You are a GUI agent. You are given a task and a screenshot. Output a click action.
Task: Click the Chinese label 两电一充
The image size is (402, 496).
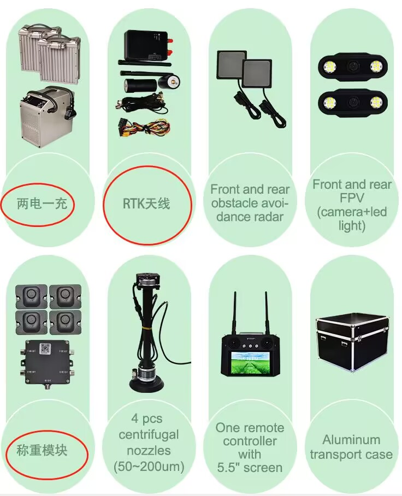click(x=42, y=204)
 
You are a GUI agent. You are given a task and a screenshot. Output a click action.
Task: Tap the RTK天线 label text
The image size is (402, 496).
click(x=146, y=204)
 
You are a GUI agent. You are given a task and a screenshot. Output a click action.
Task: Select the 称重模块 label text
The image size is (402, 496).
click(x=42, y=450)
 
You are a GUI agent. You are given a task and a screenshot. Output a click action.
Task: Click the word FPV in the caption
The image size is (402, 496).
click(x=351, y=198)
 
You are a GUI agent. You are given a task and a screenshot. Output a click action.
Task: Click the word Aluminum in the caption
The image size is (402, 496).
click(x=351, y=440)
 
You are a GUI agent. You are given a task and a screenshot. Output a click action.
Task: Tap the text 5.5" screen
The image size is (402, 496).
click(x=250, y=467)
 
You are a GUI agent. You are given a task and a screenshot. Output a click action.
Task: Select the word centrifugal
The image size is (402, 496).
click(x=149, y=435)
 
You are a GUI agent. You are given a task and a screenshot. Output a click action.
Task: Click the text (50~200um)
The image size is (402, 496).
click(x=149, y=467)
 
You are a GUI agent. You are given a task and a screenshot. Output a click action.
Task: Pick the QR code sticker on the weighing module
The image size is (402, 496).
click(x=44, y=348)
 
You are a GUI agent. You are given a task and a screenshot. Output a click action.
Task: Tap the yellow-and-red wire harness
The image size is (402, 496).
click(x=143, y=128)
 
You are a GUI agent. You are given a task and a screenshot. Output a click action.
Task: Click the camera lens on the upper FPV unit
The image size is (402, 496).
click(x=352, y=66)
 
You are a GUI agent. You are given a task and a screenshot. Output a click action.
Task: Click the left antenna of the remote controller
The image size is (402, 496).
click(x=235, y=314)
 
